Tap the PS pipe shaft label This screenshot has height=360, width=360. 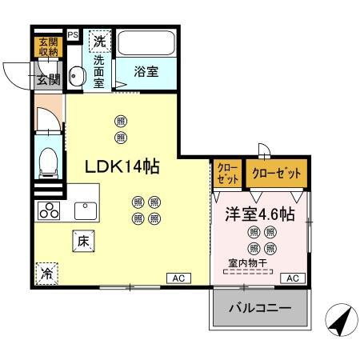[73, 35]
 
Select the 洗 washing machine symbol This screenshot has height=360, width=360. [99, 39]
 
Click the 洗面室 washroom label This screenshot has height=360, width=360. [99, 70]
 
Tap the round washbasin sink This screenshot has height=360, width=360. [77, 77]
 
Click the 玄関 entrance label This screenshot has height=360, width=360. [46, 78]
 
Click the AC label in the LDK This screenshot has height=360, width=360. [178, 278]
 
